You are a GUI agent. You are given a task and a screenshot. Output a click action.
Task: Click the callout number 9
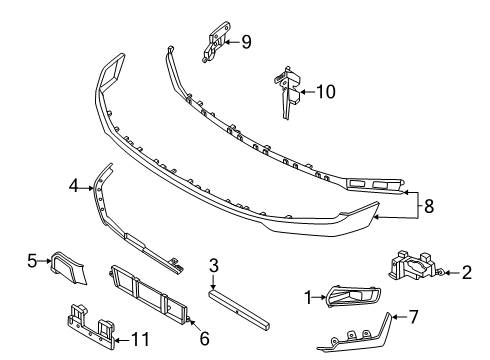click(246, 42)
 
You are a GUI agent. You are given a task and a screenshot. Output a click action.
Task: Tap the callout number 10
click(326, 92)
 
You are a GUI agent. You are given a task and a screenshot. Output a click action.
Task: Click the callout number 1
click(310, 297)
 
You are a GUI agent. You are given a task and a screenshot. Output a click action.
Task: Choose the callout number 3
click(213, 265)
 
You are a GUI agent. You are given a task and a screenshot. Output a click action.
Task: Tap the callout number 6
click(204, 339)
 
